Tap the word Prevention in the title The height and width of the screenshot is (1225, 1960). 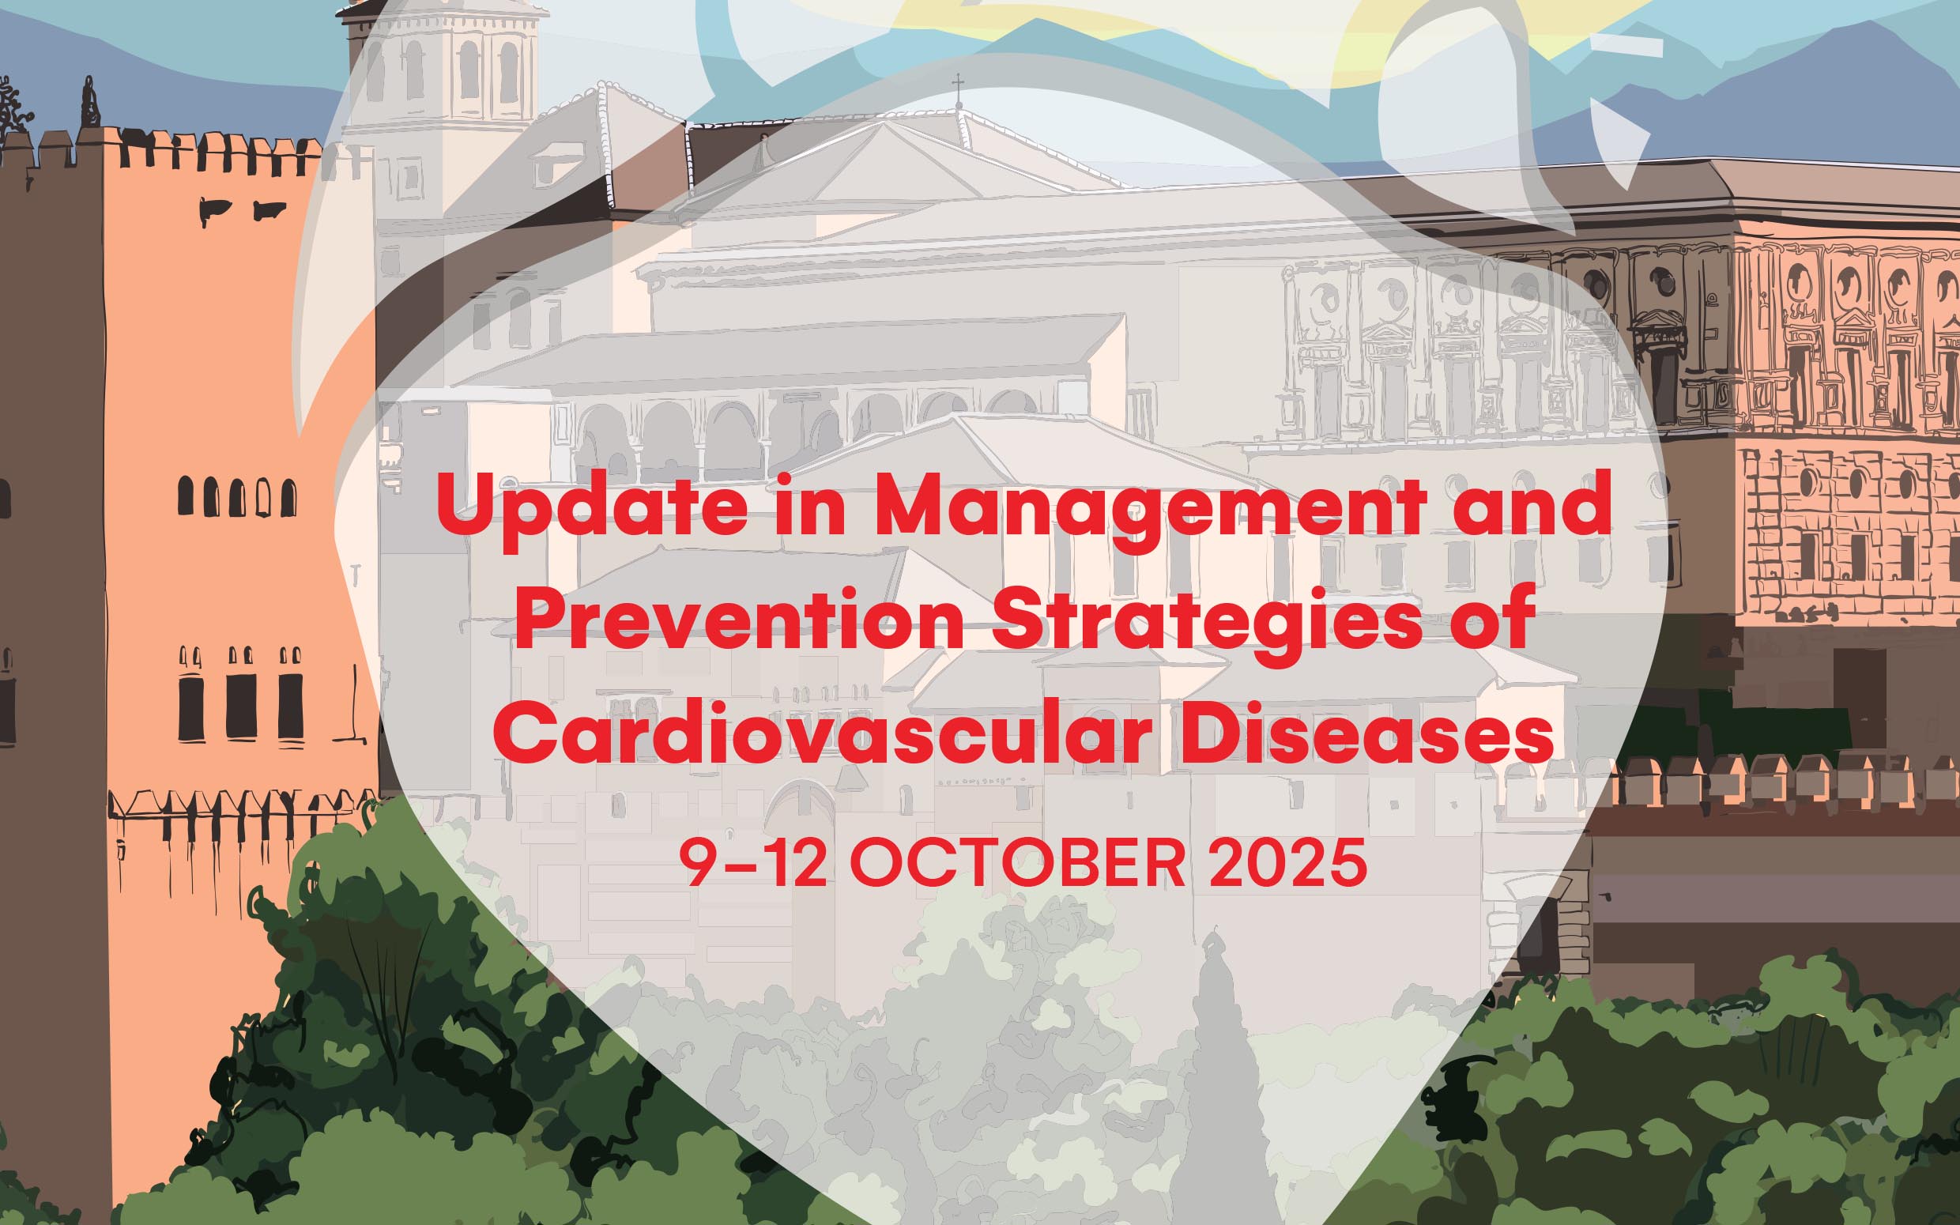point(739,620)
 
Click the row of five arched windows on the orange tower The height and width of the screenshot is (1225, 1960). point(237,496)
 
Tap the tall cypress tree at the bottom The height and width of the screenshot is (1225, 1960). point(1215,1077)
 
